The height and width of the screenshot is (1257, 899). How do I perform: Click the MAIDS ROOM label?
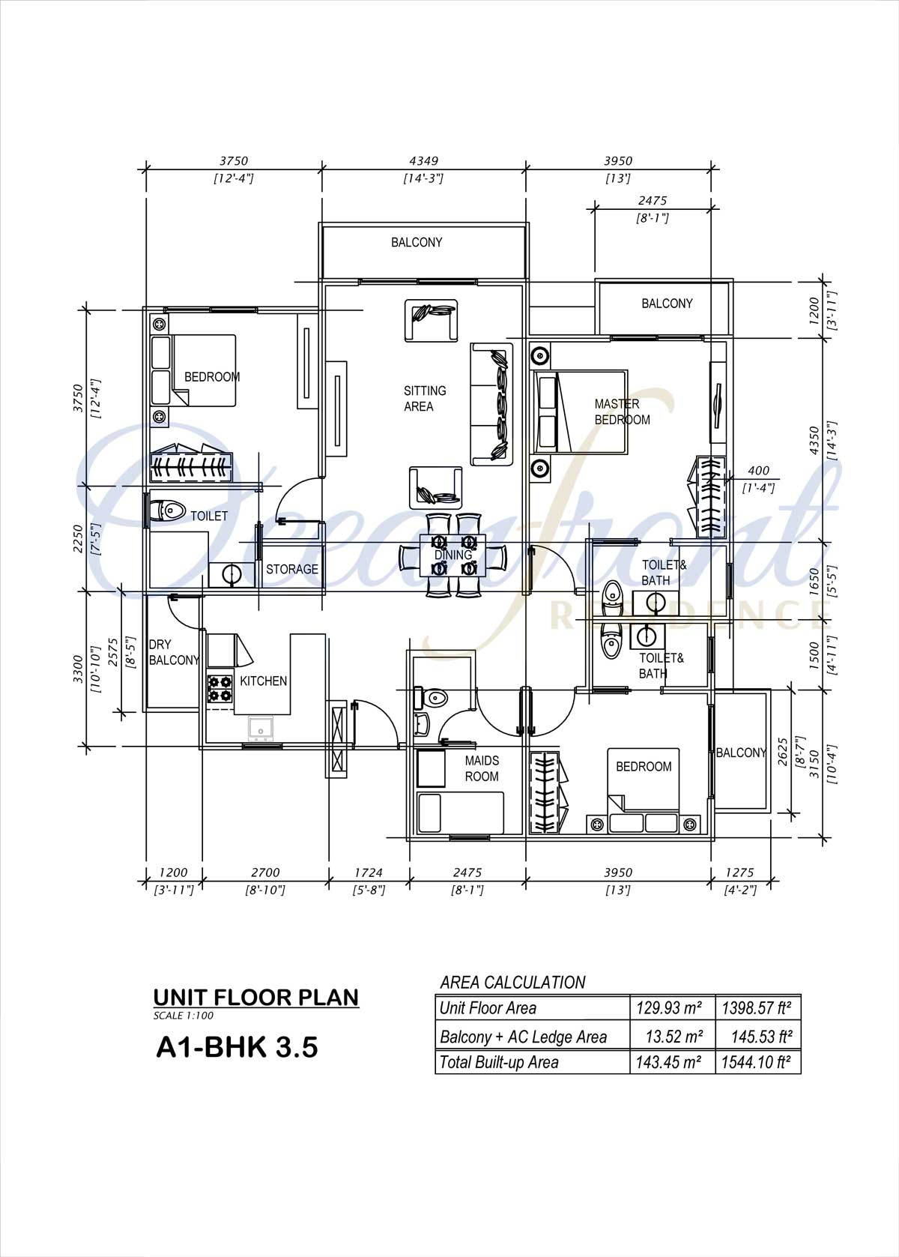[x=482, y=768]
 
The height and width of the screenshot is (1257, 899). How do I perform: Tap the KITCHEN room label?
[x=263, y=681]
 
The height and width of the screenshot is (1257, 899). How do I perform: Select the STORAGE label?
[x=291, y=569]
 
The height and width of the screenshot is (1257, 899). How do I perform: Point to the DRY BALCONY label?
[x=174, y=652]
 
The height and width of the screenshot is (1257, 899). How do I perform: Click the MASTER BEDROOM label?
[x=622, y=412]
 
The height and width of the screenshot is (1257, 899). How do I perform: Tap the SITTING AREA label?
[x=425, y=399]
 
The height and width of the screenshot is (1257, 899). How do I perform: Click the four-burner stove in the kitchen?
[x=220, y=689]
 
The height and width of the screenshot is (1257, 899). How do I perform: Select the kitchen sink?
[x=261, y=729]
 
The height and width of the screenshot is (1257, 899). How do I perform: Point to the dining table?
[x=453, y=555]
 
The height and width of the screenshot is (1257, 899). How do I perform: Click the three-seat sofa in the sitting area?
[x=492, y=404]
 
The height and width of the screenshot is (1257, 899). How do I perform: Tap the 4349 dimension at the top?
[x=423, y=161]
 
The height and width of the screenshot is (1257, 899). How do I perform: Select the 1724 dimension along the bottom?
[x=369, y=872]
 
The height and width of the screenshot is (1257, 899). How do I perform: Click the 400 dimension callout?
[x=758, y=470]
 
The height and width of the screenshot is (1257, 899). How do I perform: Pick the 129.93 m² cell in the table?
[x=668, y=1008]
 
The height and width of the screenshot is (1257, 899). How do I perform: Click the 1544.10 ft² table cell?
[x=757, y=1062]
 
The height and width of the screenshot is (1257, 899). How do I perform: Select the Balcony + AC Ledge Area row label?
[x=523, y=1037]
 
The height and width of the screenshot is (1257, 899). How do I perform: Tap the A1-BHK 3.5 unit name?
[x=237, y=1047]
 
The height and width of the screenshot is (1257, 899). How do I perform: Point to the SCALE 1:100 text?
[x=183, y=1016]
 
